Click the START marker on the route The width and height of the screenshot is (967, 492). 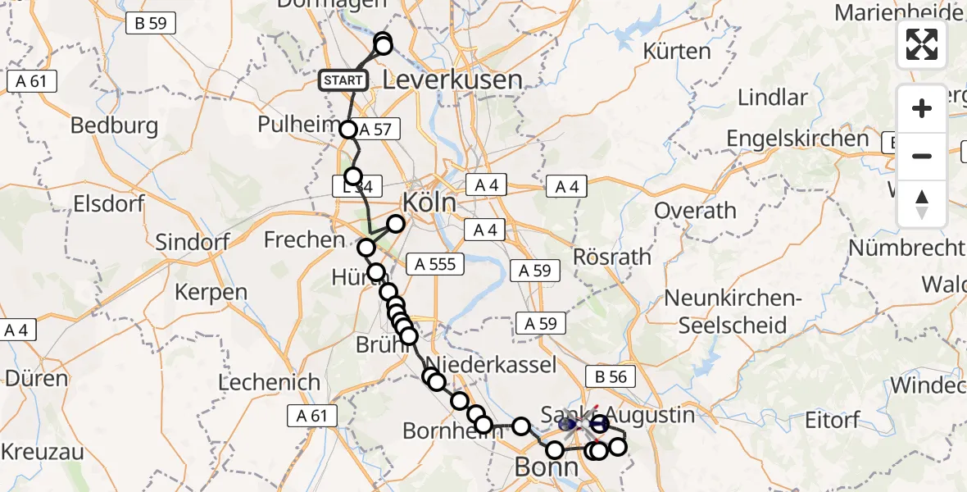[343, 80]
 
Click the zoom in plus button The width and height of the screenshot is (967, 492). [922, 108]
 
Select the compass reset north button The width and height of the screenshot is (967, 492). [922, 204]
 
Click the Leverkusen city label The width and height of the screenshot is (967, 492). [452, 80]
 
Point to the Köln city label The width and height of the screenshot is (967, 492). [430, 202]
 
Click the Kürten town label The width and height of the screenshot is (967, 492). [678, 51]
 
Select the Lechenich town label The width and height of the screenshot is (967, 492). [269, 382]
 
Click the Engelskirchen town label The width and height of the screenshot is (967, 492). [799, 139]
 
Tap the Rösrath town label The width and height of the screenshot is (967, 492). [613, 257]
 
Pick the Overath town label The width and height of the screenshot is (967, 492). [696, 211]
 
